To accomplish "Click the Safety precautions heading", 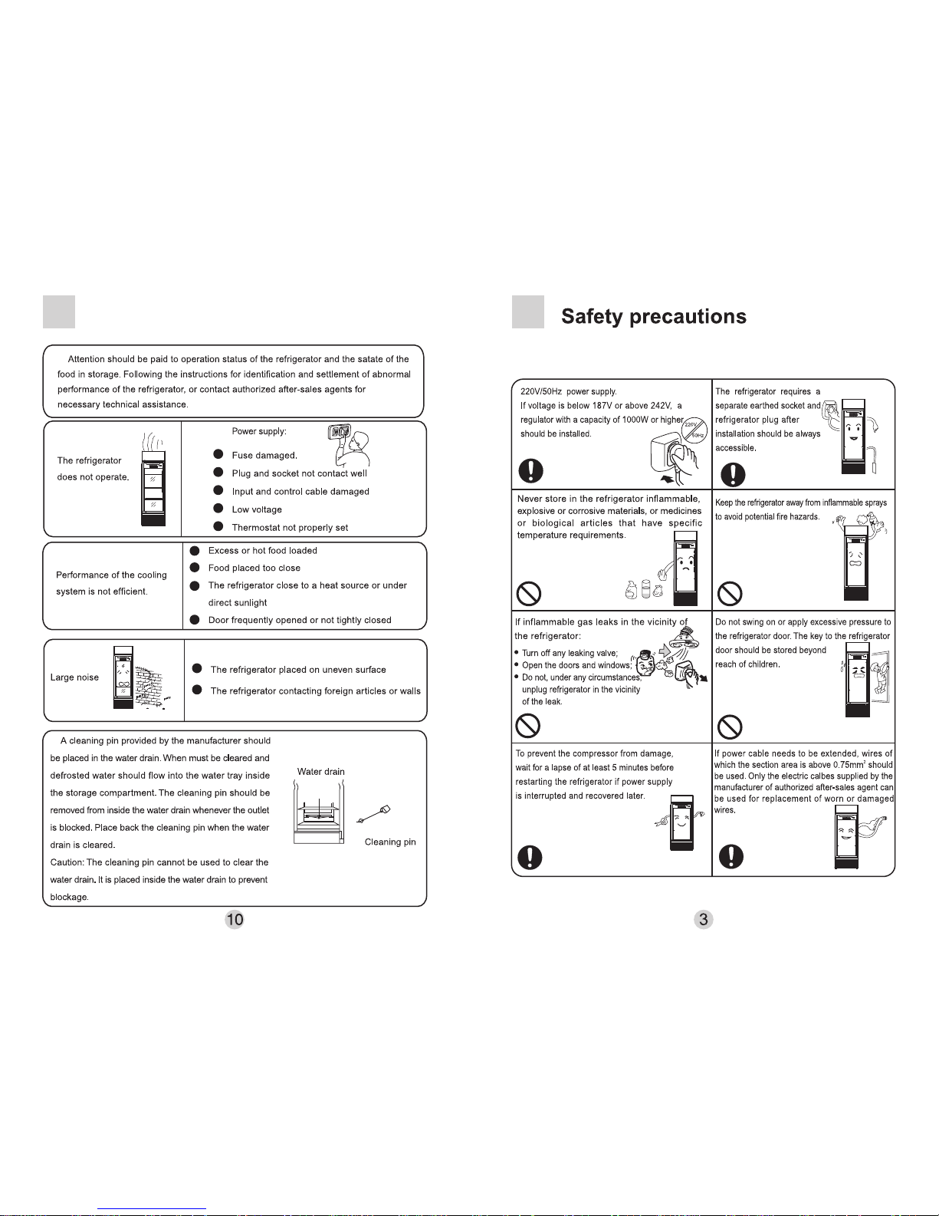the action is point(653,317).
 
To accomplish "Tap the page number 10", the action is point(235,919).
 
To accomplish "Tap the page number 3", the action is point(703,919).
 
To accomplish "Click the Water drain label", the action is point(321,772).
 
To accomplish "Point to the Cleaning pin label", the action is point(390,842).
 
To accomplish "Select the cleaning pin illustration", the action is point(373,814).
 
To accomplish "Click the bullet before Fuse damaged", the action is point(218,454).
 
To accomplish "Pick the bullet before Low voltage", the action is point(218,509).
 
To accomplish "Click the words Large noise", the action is point(74,677).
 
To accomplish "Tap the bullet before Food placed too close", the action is point(195,568).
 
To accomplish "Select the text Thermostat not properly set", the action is point(290,528).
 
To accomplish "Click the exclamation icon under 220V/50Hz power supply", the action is point(530,470).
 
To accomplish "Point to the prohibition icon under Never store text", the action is point(529,594).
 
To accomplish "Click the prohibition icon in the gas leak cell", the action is point(527,726).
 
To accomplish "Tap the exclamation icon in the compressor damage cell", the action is point(530,857).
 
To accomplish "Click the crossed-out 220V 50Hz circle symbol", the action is point(694,430).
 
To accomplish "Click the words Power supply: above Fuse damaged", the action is point(259,431).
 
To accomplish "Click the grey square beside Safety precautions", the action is point(528,311).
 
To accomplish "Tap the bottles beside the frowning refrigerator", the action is point(644,589).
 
